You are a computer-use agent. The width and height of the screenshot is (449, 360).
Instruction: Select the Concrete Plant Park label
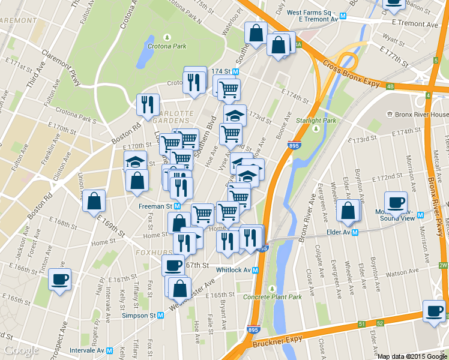pyautogui.click(x=272, y=296)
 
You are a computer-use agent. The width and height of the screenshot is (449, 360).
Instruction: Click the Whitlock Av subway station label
pyautogui.click(x=238, y=270)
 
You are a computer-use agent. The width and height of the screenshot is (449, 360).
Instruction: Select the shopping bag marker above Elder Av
pyautogui.click(x=348, y=211)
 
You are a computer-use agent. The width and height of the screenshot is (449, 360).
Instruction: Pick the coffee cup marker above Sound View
pyautogui.click(x=395, y=202)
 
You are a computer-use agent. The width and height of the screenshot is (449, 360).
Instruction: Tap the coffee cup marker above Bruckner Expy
pyautogui.click(x=434, y=310)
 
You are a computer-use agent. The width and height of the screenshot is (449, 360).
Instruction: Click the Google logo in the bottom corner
pyautogui.click(x=21, y=350)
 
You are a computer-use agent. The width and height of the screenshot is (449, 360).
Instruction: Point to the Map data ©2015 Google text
pyautogui.click(x=412, y=356)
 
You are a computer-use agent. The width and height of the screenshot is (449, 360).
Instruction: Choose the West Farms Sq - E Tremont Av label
pyautogui.click(x=312, y=15)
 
